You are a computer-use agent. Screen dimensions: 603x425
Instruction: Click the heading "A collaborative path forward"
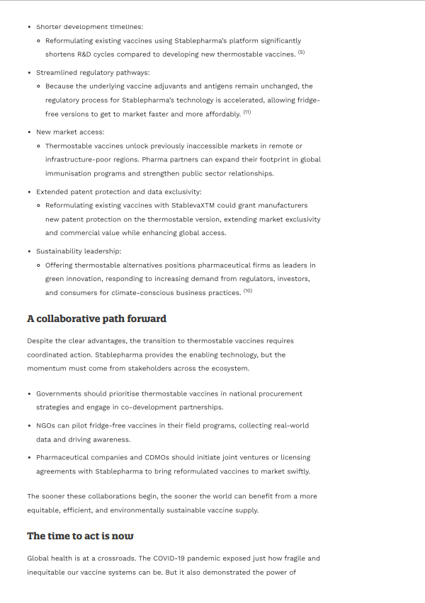click(x=96, y=318)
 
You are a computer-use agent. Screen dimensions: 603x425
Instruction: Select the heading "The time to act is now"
click(x=80, y=536)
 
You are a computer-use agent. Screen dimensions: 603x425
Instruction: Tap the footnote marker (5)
click(x=301, y=53)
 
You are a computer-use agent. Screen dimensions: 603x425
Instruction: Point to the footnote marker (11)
click(x=247, y=113)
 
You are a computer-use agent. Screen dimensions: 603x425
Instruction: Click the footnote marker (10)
click(x=248, y=292)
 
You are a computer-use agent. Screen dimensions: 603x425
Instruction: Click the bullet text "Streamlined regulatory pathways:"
click(x=93, y=72)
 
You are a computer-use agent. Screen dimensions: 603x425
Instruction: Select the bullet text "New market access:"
click(x=70, y=132)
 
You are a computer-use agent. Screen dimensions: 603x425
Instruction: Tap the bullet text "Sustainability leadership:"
click(x=79, y=251)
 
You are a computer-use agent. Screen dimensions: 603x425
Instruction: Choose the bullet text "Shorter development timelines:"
click(x=89, y=27)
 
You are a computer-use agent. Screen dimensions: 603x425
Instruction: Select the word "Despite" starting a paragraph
click(x=40, y=341)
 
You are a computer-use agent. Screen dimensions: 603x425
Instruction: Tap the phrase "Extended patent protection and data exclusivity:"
click(x=119, y=192)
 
